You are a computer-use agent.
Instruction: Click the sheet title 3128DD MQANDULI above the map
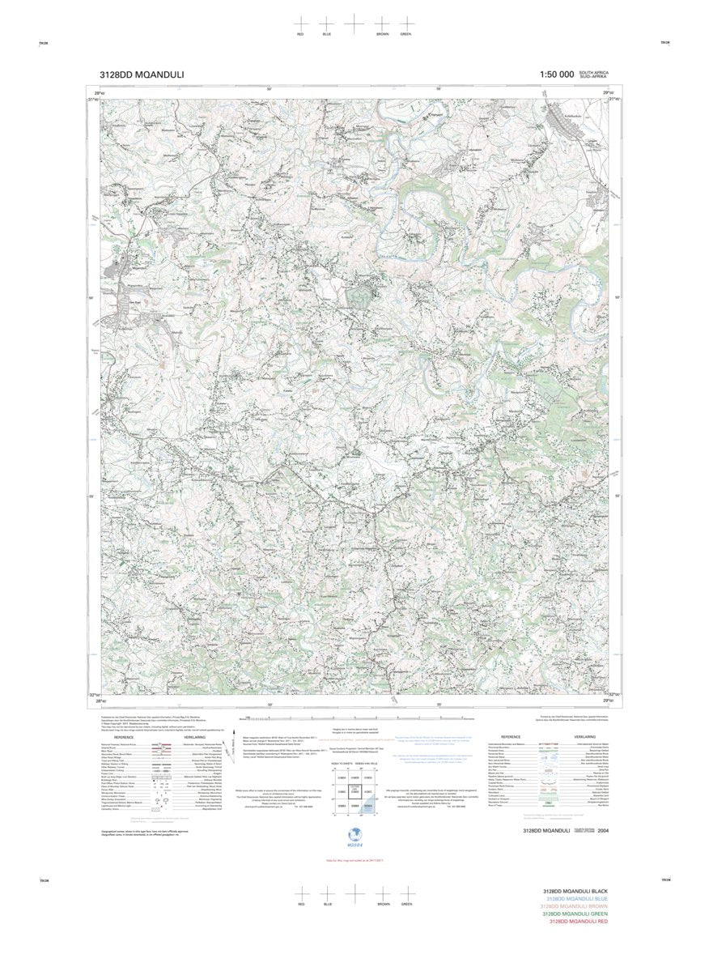tap(142, 75)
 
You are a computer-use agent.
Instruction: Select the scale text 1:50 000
tap(556, 75)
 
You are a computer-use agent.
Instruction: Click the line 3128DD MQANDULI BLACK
tap(575, 891)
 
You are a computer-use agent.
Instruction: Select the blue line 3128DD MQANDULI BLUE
tap(577, 898)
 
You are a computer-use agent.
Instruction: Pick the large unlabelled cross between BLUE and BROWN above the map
tap(354, 23)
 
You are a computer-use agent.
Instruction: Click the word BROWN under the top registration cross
tap(382, 35)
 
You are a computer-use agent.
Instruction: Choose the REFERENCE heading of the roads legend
tap(124, 737)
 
